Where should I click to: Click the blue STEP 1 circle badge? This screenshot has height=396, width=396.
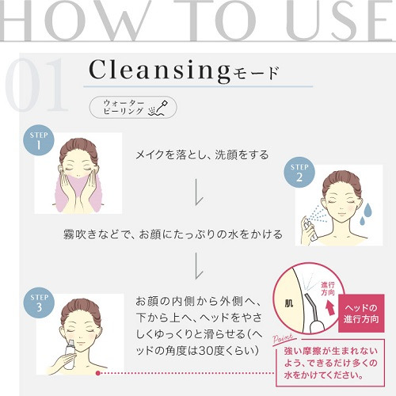pyautogui.click(x=39, y=140)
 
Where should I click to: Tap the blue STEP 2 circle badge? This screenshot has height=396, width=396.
pyautogui.click(x=299, y=172)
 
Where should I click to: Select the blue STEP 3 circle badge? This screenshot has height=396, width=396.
pyautogui.click(x=39, y=303)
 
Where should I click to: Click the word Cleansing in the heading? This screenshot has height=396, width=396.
pyautogui.click(x=160, y=70)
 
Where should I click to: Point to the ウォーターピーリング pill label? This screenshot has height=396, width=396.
pyautogui.click(x=133, y=107)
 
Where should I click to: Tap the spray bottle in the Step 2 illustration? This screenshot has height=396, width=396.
pyautogui.click(x=309, y=228)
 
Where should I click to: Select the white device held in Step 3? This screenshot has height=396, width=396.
pyautogui.click(x=69, y=355)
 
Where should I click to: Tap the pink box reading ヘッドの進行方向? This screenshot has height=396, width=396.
pyautogui.click(x=361, y=314)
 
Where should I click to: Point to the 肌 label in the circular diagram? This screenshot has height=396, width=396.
pyautogui.click(x=289, y=304)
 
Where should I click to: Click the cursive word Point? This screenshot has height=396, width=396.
pyautogui.click(x=283, y=339)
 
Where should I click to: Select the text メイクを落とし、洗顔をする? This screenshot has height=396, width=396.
pyautogui.click(x=202, y=154)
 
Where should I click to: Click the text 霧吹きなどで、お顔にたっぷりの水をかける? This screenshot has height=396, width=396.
pyautogui.click(x=173, y=234)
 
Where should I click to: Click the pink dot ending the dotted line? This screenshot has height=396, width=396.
pyautogui.click(x=98, y=373)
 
